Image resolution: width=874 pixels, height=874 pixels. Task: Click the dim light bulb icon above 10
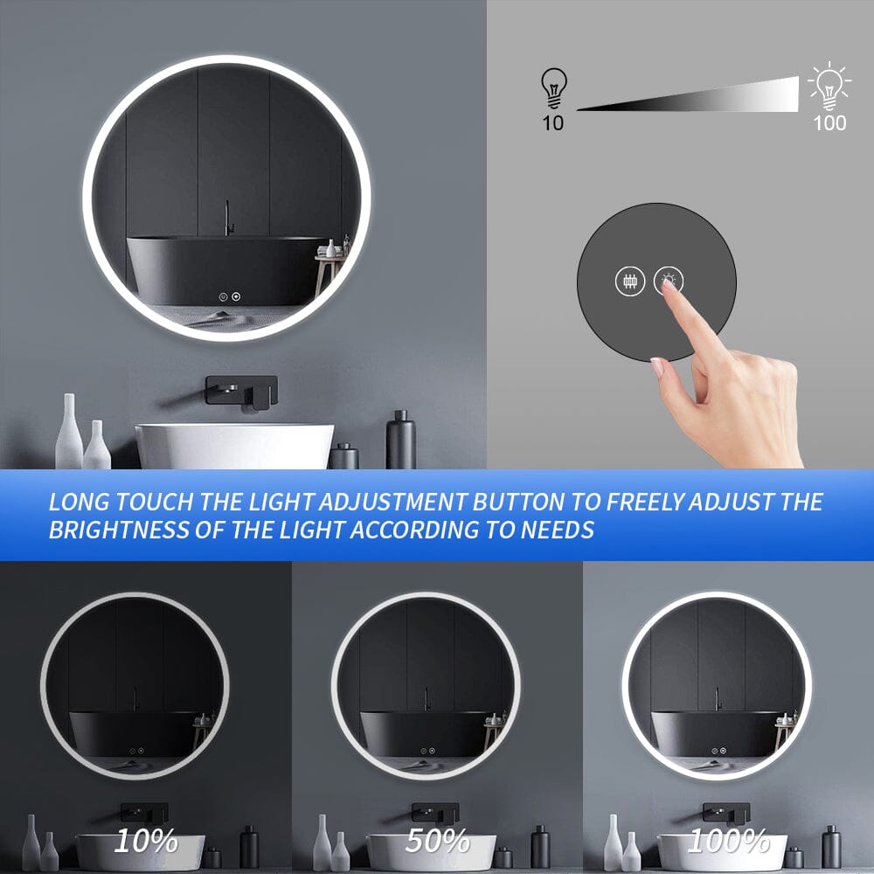pos(553,87)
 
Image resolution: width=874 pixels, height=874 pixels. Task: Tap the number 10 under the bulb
pos(552,122)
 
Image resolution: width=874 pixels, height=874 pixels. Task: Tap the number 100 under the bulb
pos(829,122)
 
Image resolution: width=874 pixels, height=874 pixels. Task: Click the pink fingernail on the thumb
pos(656,366)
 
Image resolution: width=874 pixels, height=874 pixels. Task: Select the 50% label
pos(438,841)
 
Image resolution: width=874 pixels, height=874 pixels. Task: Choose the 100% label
pos(728,841)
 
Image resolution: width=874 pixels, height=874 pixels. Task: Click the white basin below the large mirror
pos(234,446)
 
